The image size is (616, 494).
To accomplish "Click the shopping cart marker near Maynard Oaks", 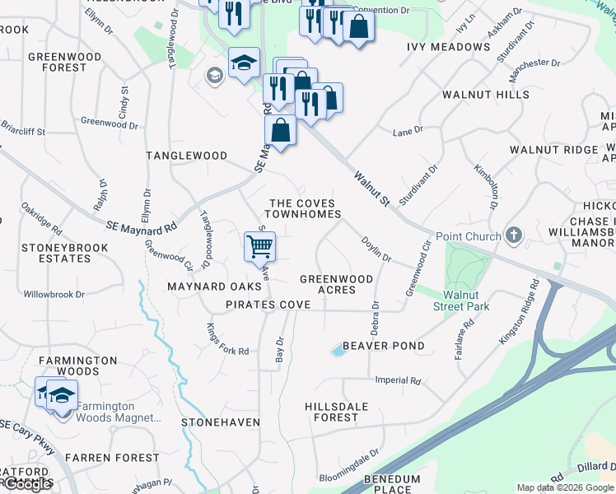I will pyautogui.click(x=259, y=245).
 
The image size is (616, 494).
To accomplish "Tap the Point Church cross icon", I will pyautogui.click(x=514, y=236).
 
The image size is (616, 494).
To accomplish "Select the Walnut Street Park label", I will pyautogui.click(x=467, y=301).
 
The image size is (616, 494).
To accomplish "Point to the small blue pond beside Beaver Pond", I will pyautogui.click(x=338, y=351).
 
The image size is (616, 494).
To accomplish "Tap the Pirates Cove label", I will pyautogui.click(x=268, y=305).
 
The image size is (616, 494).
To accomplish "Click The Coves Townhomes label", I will pyautogui.click(x=305, y=208).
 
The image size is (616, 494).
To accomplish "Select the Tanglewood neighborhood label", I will pyautogui.click(x=186, y=156).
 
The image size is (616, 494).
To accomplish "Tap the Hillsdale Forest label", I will pyautogui.click(x=343, y=412).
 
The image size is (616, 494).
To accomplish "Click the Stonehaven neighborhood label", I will pyautogui.click(x=221, y=422).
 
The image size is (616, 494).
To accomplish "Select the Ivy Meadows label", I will pyautogui.click(x=449, y=47).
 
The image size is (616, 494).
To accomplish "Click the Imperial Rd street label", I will pyautogui.click(x=398, y=381).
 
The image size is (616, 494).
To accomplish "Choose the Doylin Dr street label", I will pyautogui.click(x=376, y=248).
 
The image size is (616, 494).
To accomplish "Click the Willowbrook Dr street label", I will pyautogui.click(x=54, y=294).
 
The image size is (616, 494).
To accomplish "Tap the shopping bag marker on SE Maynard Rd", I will pyautogui.click(x=280, y=131).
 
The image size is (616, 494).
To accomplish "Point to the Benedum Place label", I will pyautogui.click(x=392, y=484).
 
